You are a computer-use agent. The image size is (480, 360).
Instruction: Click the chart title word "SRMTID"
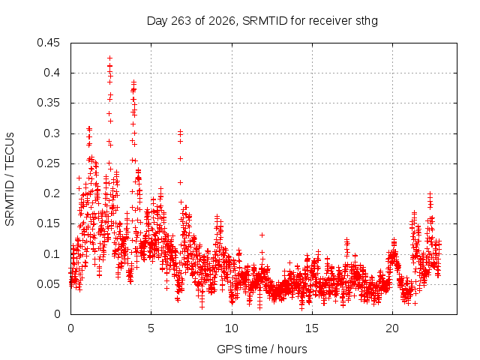click(x=265, y=21)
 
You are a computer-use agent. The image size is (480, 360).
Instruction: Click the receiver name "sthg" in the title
click(x=367, y=22)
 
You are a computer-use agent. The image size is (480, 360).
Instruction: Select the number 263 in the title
click(x=181, y=21)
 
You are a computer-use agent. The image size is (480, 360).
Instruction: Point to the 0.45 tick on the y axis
click(x=48, y=43)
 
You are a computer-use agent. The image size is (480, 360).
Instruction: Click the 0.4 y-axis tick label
click(x=52, y=73)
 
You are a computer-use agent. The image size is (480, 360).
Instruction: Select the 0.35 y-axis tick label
click(x=48, y=103)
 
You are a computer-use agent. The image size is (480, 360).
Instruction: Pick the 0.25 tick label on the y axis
click(x=48, y=163)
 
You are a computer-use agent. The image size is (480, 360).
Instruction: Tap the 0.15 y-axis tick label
click(x=48, y=223)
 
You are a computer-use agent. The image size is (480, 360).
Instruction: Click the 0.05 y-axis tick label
click(x=48, y=284)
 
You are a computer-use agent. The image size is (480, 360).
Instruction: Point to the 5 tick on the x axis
click(x=151, y=328)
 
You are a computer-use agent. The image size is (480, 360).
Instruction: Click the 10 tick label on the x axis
click(x=232, y=328)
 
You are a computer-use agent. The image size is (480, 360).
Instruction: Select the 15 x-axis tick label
click(x=312, y=328)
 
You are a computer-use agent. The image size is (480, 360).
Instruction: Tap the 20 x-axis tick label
click(x=392, y=328)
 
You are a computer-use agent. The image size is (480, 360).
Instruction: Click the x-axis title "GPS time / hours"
click(x=262, y=349)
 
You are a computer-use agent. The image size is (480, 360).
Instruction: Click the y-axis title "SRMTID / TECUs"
click(x=10, y=179)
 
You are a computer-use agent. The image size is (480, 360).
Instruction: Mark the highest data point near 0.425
click(x=110, y=58)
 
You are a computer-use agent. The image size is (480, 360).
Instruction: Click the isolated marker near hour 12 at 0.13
click(x=262, y=235)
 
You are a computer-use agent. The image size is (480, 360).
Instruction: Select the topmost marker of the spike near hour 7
click(x=180, y=131)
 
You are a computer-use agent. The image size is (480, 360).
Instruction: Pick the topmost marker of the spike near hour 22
click(x=430, y=193)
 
